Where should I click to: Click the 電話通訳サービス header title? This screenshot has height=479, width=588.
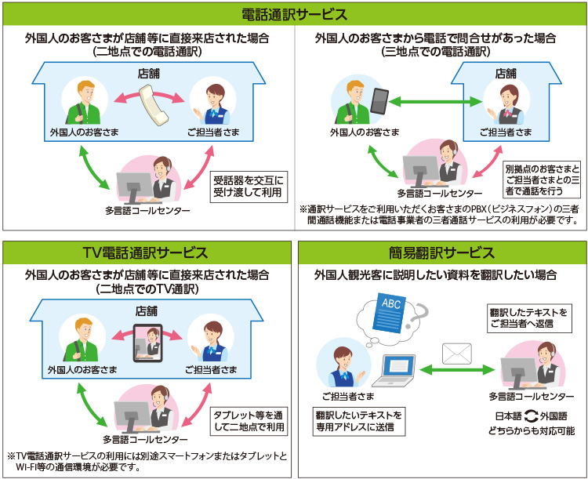(294, 14)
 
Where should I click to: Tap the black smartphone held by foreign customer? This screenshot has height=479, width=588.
(379, 101)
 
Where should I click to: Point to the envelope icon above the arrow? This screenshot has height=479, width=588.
(456, 354)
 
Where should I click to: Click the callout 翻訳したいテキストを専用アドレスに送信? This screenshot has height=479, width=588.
(358, 421)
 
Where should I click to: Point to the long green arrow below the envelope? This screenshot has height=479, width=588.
(456, 369)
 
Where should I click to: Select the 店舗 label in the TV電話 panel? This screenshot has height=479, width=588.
(147, 311)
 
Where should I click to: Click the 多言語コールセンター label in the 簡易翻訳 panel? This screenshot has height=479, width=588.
(531, 396)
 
